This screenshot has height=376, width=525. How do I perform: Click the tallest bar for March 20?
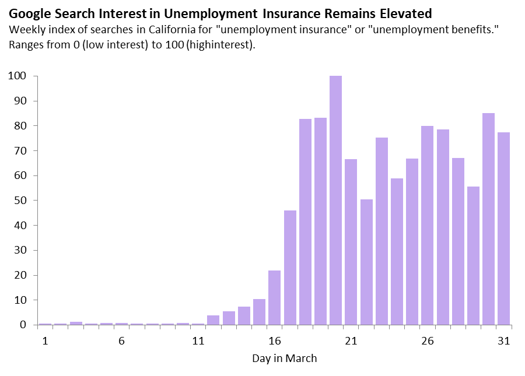point(335,200)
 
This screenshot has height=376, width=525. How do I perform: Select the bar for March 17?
point(290,268)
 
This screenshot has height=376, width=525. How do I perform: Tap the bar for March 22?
point(367,262)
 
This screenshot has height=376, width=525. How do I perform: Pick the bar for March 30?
point(488,219)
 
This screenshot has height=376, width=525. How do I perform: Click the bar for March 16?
point(275,298)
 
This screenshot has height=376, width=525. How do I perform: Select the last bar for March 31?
point(503,229)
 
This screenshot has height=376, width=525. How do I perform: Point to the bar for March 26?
point(427,226)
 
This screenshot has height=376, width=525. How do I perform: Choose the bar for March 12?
point(213,320)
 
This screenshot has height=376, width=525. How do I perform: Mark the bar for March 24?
point(397,252)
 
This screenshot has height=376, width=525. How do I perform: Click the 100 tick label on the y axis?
point(17,76)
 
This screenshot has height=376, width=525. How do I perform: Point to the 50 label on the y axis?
point(20,201)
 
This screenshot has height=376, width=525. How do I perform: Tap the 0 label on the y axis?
point(23,325)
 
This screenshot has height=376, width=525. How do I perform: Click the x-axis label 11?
point(198,341)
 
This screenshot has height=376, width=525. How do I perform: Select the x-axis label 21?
point(351,341)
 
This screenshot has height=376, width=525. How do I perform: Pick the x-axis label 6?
point(121,341)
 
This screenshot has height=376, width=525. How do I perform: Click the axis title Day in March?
point(284,359)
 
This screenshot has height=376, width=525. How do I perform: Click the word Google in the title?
point(30,15)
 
